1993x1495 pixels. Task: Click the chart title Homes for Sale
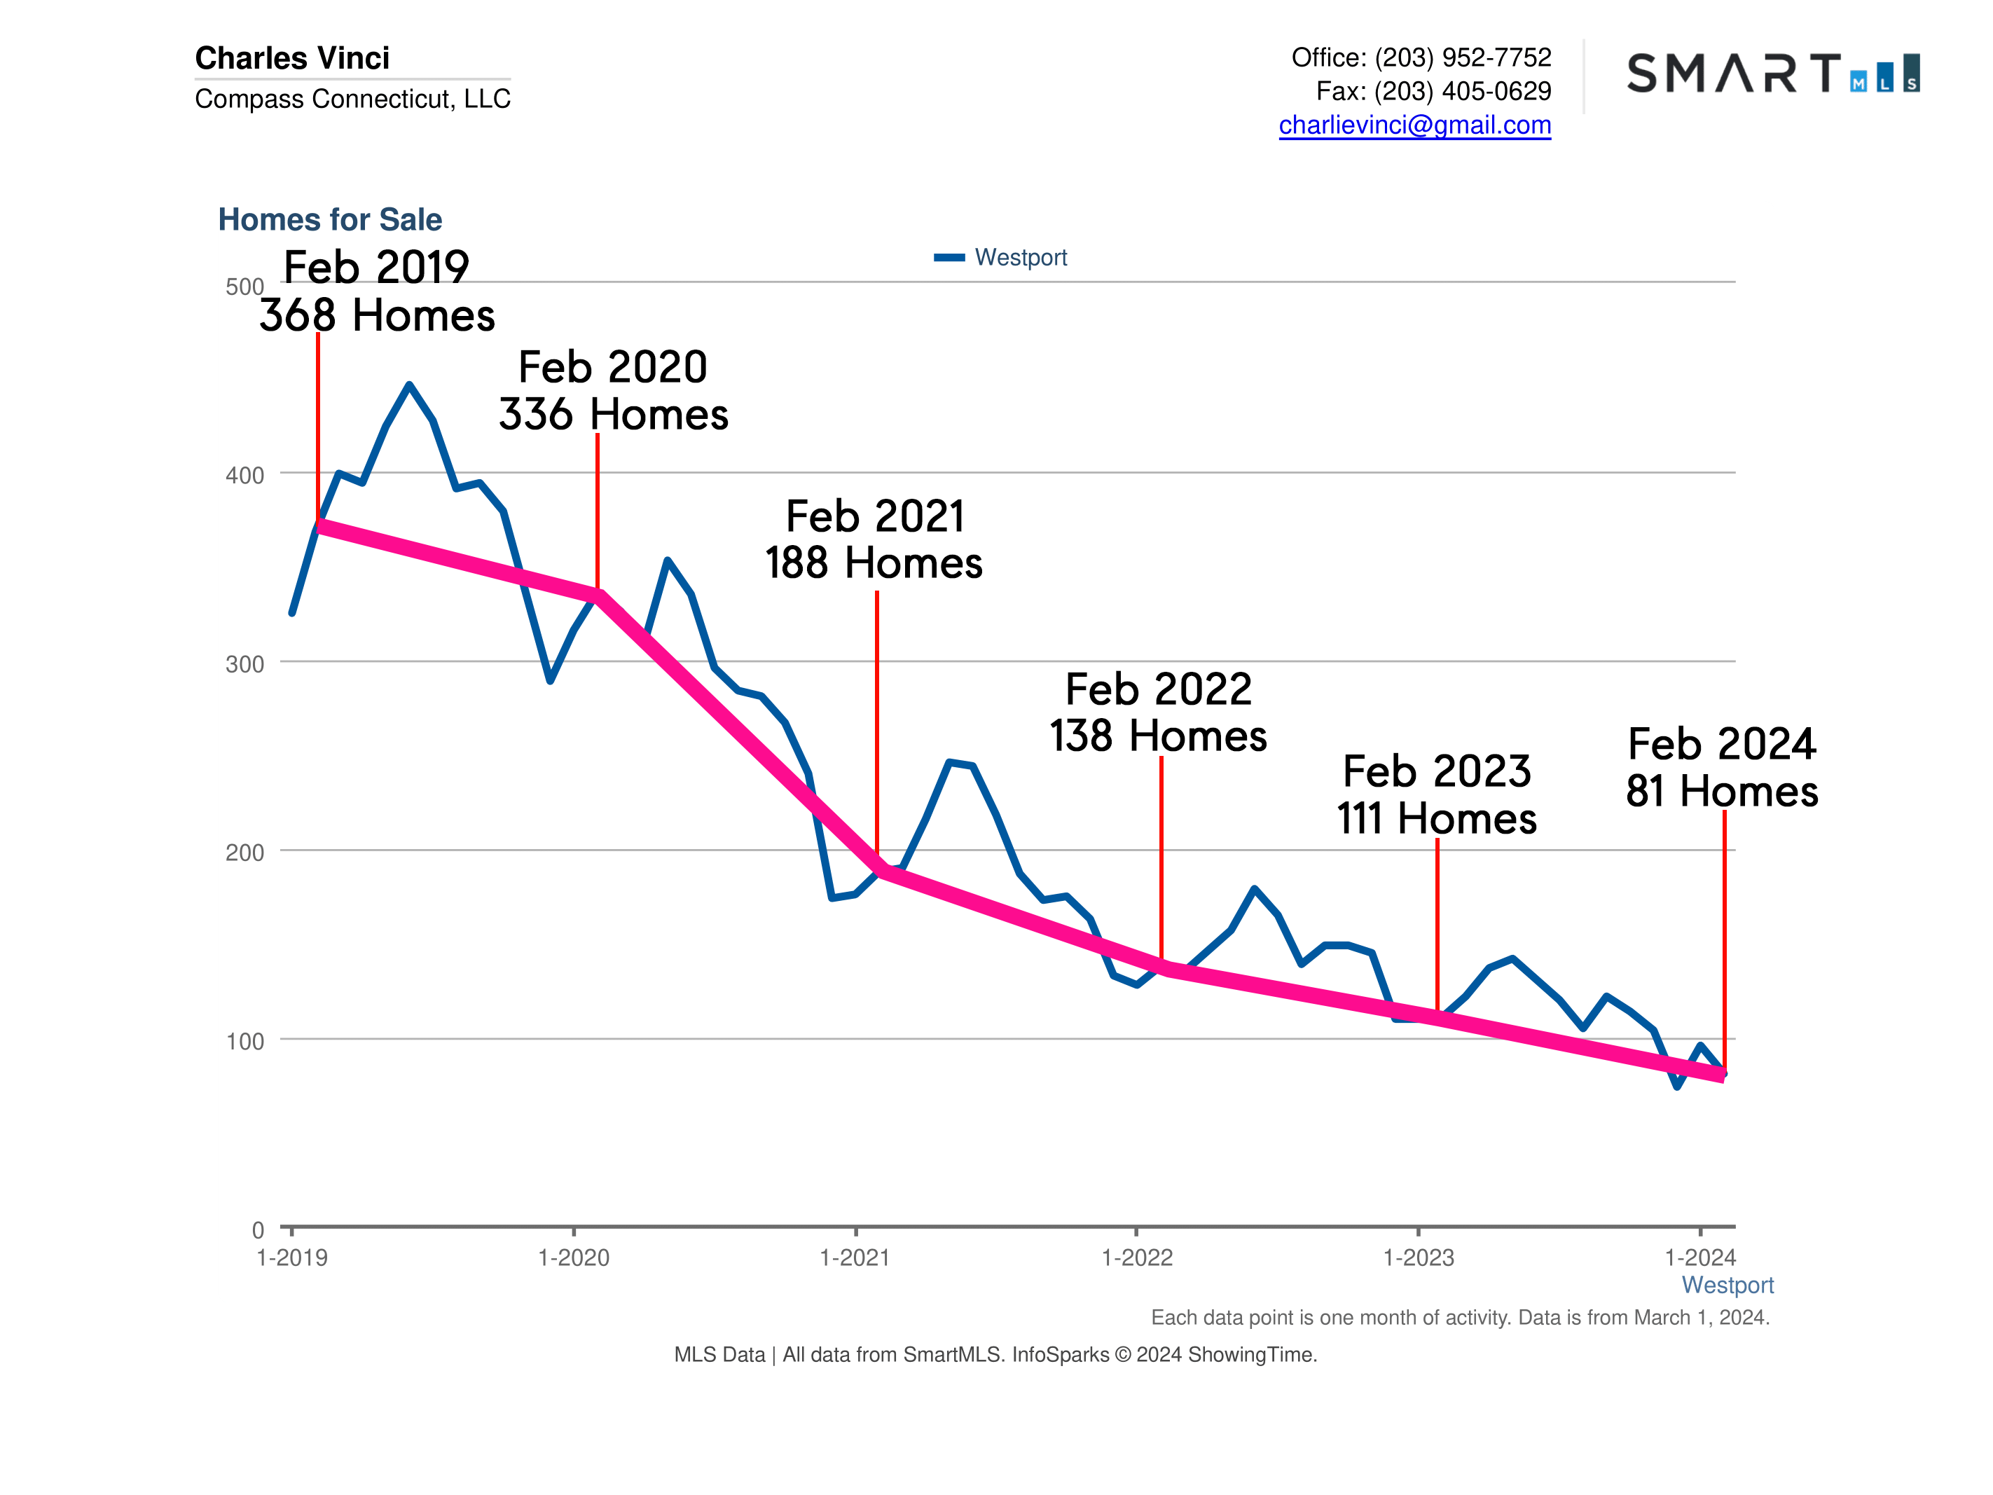tap(330, 219)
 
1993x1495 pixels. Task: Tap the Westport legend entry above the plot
tap(1000, 258)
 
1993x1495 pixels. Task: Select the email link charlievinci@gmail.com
tap(1414, 125)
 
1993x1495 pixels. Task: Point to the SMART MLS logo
tap(1772, 74)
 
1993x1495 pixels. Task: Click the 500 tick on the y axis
tap(244, 287)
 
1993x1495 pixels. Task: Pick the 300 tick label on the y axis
tap(244, 664)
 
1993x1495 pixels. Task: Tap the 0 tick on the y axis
tap(258, 1230)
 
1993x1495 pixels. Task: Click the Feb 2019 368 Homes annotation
tap(377, 291)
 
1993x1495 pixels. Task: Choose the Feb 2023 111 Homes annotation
tap(1436, 795)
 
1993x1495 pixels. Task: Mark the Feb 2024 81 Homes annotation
tap(1721, 768)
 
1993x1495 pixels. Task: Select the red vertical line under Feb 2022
tap(1161, 856)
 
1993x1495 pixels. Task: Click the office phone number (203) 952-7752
tap(1462, 57)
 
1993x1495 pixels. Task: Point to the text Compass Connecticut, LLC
tap(352, 98)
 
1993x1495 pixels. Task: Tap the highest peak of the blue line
tap(409, 386)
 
